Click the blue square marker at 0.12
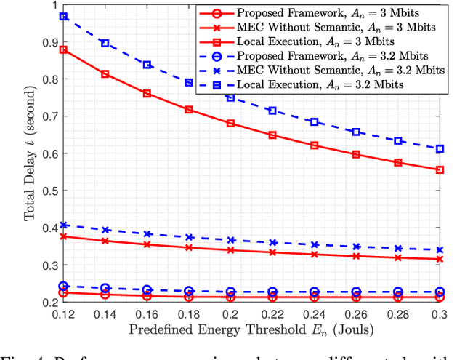point(64,16)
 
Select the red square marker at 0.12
point(64,49)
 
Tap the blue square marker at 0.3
point(439,148)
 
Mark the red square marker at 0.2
point(231,124)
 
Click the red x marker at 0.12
point(64,236)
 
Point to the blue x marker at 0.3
point(439,249)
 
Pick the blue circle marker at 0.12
point(64,287)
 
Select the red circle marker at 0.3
point(439,297)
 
